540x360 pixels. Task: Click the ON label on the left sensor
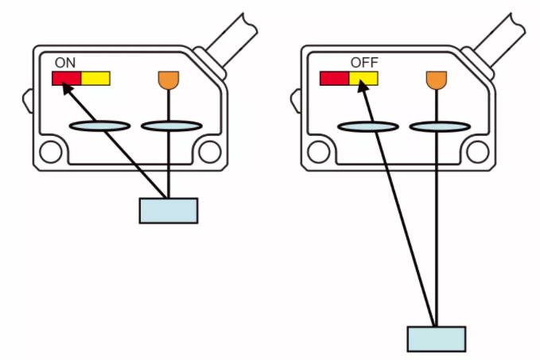[65, 62]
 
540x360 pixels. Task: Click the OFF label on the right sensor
[363, 62]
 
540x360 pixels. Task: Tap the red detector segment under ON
[66, 78]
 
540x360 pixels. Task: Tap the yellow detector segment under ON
[95, 78]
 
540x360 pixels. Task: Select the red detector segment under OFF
[334, 78]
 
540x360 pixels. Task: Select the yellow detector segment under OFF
[363, 78]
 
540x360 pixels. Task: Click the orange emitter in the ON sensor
[169, 79]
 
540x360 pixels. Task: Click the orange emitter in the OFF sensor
[436, 79]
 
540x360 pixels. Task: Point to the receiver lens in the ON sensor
[100, 126]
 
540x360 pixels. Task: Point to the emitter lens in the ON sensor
[170, 126]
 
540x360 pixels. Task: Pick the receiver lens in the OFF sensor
[367, 126]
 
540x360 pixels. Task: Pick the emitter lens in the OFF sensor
[438, 126]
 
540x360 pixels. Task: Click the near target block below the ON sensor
[169, 210]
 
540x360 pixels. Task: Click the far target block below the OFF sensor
[437, 339]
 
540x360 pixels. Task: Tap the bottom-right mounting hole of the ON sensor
[210, 150]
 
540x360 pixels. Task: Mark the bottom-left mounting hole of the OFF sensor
[317, 150]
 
